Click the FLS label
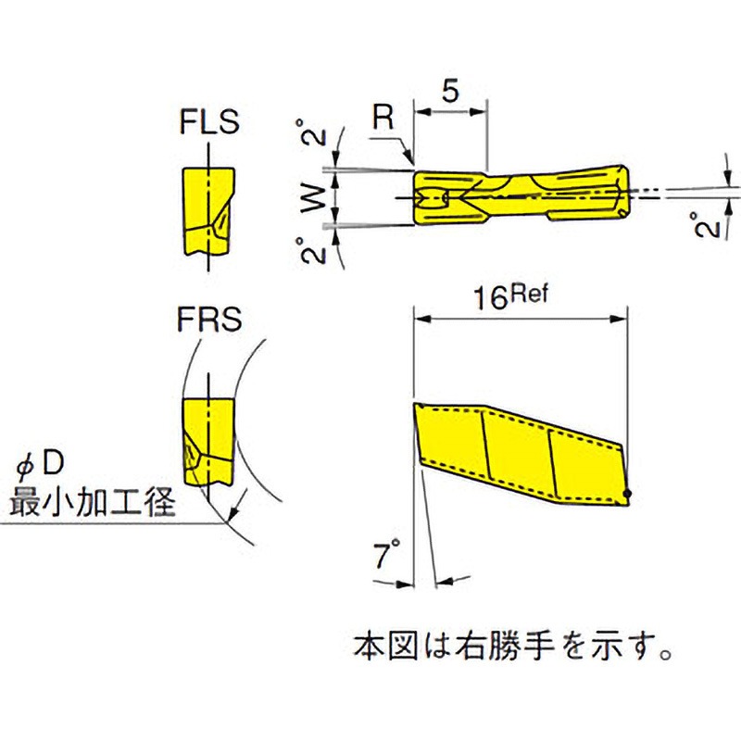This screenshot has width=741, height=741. [x=209, y=122]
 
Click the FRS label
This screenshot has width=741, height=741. [x=209, y=320]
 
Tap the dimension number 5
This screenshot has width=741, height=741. [x=450, y=90]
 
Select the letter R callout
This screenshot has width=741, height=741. [x=383, y=118]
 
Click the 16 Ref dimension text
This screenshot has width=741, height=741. [x=510, y=297]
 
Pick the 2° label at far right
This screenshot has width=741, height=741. [x=707, y=225]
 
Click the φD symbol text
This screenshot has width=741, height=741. [x=39, y=467]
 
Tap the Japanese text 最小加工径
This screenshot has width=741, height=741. [x=93, y=501]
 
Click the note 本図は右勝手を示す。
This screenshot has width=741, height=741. [x=513, y=647]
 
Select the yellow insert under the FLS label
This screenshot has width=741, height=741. [x=207, y=212]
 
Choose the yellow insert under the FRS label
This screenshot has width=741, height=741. [x=207, y=442]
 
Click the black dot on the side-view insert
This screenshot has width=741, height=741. [x=627, y=494]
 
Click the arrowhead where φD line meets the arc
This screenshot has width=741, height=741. [x=232, y=512]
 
